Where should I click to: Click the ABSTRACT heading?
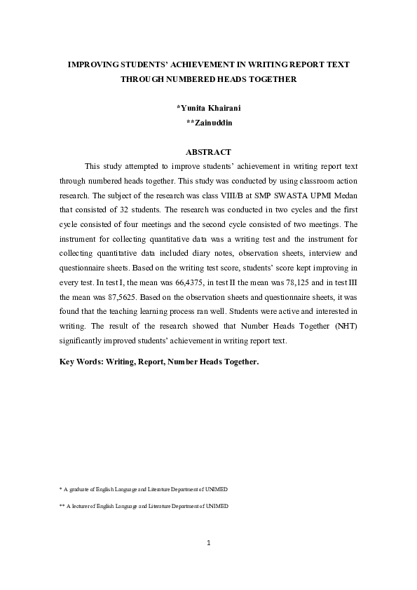pos(208,152)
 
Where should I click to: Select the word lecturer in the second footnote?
pos(81,506)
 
